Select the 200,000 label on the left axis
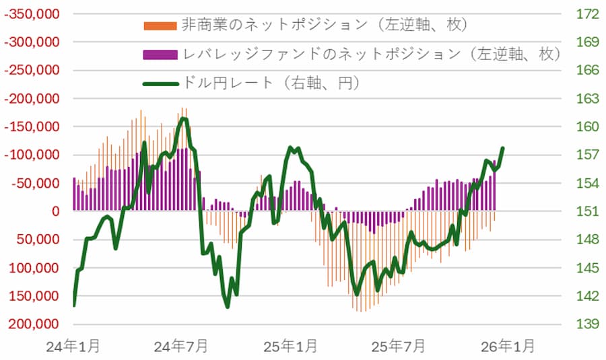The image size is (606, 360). point(36,324)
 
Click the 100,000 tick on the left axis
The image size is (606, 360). point(36,268)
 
